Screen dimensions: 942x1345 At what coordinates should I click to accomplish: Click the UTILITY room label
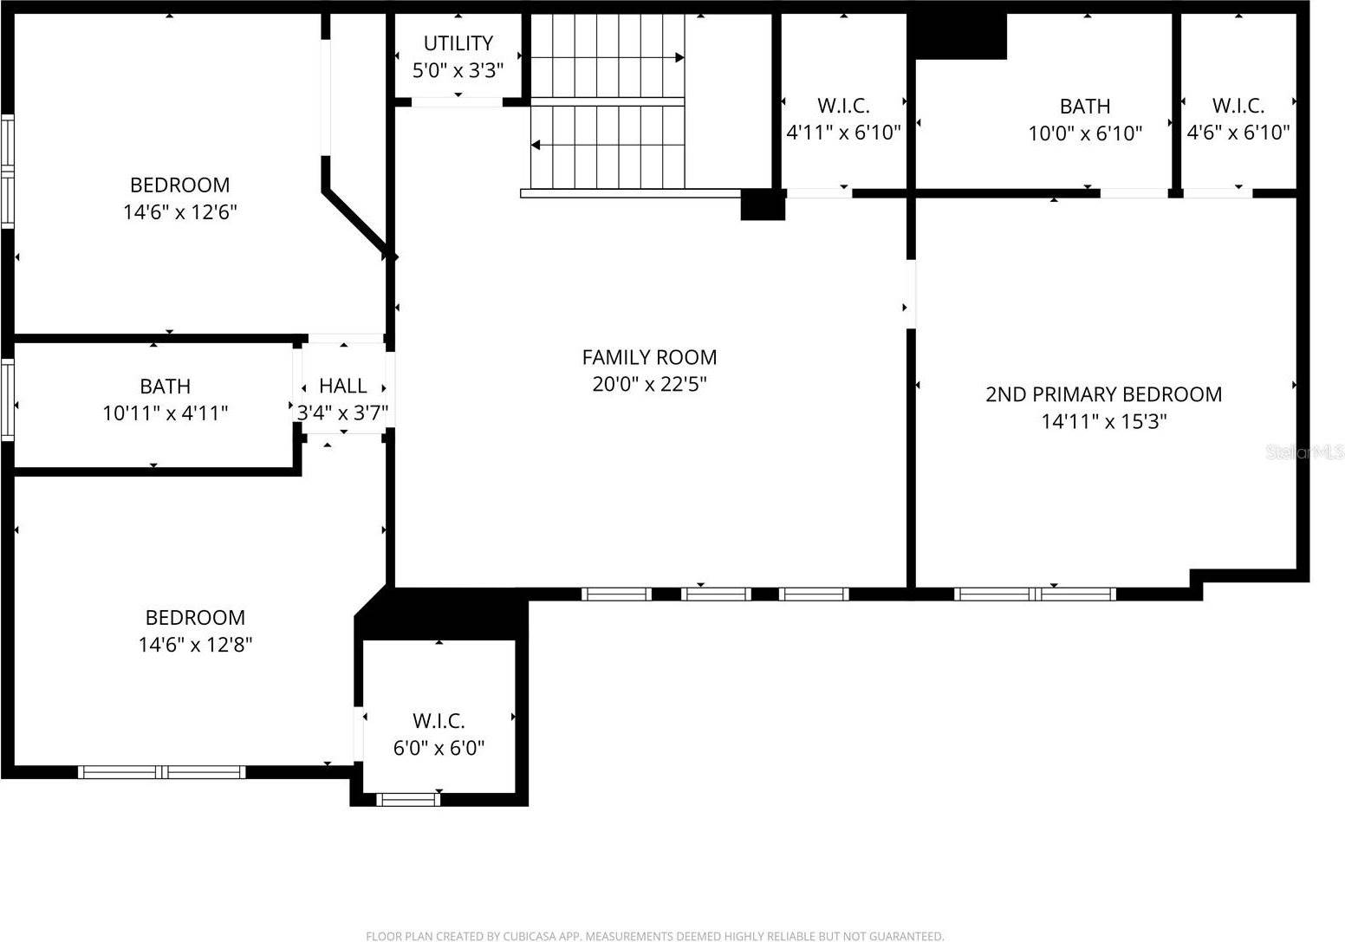[x=458, y=42]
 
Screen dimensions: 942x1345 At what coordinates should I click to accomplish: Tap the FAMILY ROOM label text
[x=649, y=357]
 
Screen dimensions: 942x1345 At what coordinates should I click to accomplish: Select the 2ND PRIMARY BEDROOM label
[x=1103, y=394]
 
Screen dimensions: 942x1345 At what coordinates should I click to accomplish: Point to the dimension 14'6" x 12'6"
[x=180, y=212]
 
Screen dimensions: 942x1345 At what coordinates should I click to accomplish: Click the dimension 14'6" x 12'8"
[x=195, y=645]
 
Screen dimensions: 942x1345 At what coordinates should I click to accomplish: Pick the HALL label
[x=342, y=386]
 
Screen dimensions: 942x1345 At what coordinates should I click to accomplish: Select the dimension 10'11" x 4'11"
[x=165, y=413]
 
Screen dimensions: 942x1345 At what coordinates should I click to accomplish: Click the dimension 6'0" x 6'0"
[x=439, y=748]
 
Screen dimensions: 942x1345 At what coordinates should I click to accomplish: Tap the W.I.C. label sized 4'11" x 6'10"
[x=843, y=106]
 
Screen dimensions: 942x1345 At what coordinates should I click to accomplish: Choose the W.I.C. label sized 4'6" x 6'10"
[x=1238, y=106]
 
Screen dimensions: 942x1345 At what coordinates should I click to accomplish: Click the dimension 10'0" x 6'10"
[x=1085, y=133]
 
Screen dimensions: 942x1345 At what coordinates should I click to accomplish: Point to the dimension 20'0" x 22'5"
[x=649, y=384]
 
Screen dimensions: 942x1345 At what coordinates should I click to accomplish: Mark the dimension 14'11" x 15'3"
[x=1103, y=422]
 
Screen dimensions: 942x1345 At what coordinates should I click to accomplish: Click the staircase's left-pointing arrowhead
[x=536, y=145]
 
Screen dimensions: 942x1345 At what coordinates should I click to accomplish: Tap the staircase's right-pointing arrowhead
[x=679, y=58]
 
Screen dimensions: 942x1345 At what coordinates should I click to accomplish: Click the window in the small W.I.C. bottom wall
[x=408, y=799]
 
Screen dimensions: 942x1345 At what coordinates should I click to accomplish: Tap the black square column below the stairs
[x=763, y=205]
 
